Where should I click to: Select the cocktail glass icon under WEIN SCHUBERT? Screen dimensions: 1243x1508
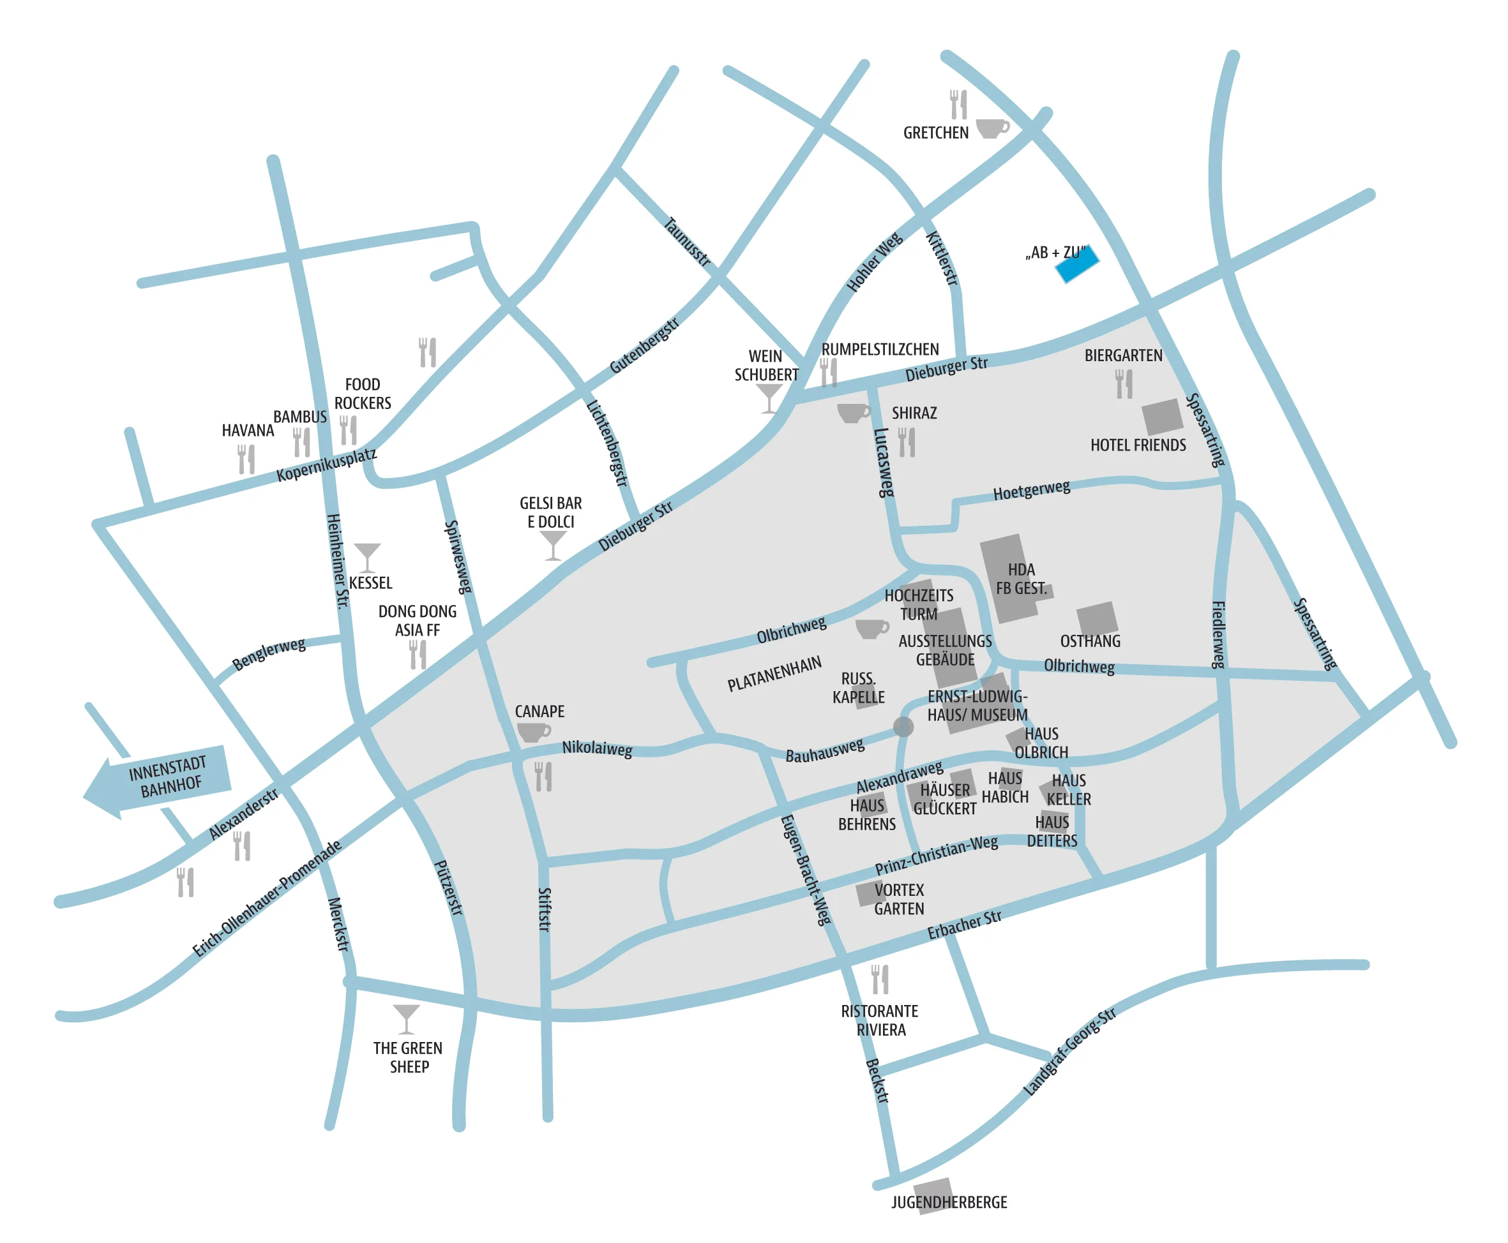(x=768, y=398)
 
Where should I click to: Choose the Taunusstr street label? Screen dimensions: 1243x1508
(x=687, y=242)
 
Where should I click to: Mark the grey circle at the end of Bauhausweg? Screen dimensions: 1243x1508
(x=903, y=727)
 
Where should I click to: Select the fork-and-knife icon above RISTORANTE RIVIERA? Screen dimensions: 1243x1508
(x=880, y=979)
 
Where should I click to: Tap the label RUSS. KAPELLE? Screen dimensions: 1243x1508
(x=857, y=687)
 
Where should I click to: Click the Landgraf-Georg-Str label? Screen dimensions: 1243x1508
(x=1068, y=1052)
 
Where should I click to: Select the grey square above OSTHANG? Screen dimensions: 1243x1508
(x=1096, y=619)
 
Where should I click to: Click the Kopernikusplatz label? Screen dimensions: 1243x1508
(x=326, y=465)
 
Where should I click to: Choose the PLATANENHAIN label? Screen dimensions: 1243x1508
(x=774, y=674)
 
